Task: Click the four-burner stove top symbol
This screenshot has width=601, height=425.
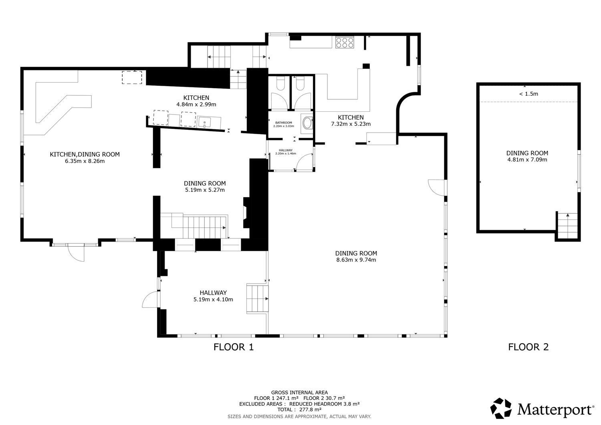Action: click(x=345, y=42)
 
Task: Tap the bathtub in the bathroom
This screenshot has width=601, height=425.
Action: click(x=307, y=123)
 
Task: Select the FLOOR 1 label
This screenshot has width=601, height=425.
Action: click(x=234, y=347)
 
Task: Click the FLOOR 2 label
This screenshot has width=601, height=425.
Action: click(x=528, y=347)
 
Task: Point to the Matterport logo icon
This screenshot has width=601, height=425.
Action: click(x=501, y=408)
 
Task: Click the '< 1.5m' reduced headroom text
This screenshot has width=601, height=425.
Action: click(x=528, y=94)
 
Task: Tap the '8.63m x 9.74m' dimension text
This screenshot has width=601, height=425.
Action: click(x=356, y=260)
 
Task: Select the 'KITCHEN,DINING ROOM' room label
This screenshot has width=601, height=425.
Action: click(x=85, y=154)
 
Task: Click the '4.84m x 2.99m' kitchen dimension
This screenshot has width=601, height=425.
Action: click(x=196, y=105)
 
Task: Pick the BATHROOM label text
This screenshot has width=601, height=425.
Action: click(x=284, y=123)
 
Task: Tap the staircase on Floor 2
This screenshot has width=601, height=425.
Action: click(x=567, y=226)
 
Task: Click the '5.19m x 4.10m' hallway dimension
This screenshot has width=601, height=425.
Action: click(x=213, y=300)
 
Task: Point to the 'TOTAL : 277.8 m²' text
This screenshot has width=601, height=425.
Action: click(x=299, y=409)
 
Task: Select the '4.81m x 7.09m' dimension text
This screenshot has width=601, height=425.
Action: click(x=527, y=160)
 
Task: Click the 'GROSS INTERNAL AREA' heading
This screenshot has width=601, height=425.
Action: click(x=299, y=393)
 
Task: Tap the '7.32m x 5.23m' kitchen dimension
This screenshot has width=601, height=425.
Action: click(x=351, y=124)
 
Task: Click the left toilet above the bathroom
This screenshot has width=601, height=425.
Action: click(x=280, y=84)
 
